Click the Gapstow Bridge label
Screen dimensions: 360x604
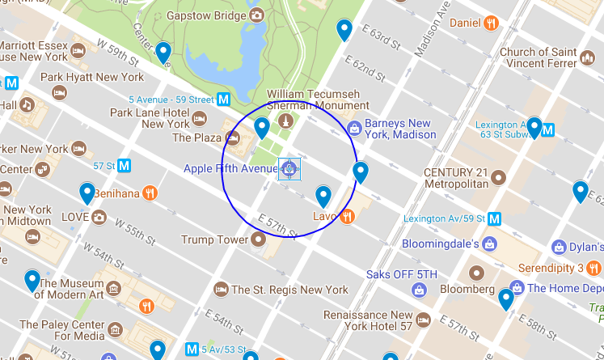[207, 15]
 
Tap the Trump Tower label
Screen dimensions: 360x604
[214, 239]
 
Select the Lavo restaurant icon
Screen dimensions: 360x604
[347, 216]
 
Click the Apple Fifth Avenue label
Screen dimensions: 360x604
[230, 168]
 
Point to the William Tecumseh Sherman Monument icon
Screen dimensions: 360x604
[285, 121]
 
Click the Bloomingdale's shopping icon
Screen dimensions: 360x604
[491, 243]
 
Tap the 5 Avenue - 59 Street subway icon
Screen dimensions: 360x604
[224, 100]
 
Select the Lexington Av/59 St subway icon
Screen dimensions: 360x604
[494, 218]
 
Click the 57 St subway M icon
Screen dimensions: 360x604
[125, 165]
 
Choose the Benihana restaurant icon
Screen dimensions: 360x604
[150, 193]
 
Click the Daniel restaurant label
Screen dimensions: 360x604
[465, 23]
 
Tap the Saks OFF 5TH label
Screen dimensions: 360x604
[402, 274]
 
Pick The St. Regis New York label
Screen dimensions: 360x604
[289, 290]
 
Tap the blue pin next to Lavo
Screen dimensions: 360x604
[323, 196]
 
